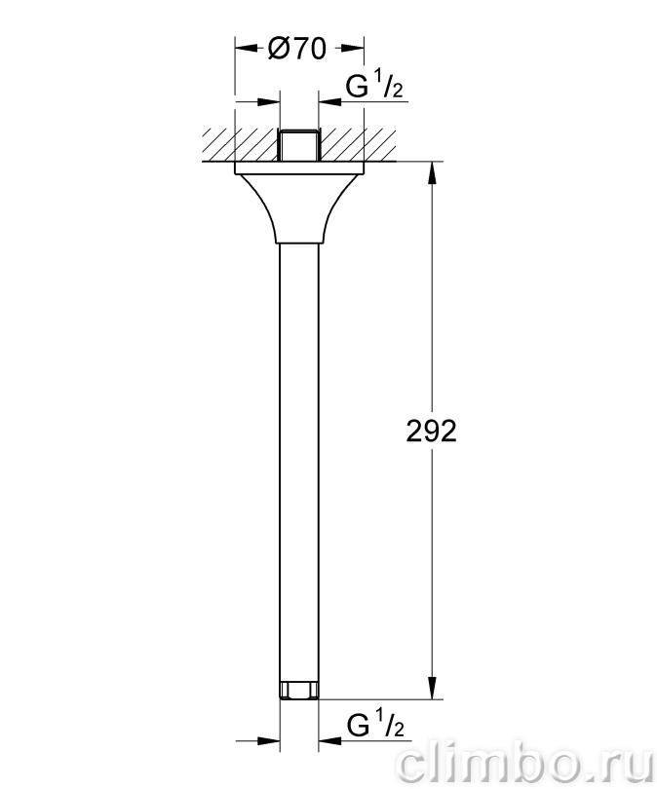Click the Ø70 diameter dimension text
297,49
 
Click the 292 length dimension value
432,432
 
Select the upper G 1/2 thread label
374,86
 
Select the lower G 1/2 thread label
375,724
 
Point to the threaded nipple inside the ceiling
298,145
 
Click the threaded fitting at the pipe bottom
298,690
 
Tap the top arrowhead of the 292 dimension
432,171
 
